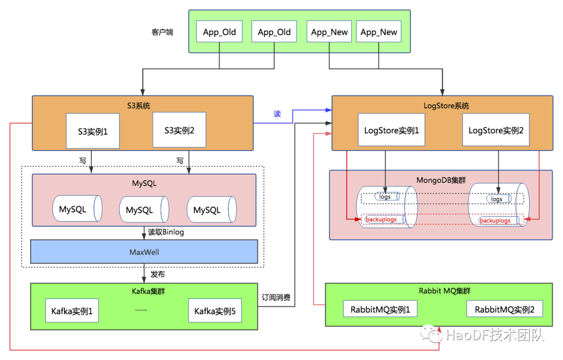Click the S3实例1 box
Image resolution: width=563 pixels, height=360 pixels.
coord(92,131)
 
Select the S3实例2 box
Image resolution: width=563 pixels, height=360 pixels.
coord(179,130)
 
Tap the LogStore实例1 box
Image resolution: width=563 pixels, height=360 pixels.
coord(391,130)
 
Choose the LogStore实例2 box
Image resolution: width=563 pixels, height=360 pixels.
coord(496,130)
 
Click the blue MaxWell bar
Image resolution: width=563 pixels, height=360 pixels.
coord(144,252)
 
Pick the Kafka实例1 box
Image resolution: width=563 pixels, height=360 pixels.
coord(72,312)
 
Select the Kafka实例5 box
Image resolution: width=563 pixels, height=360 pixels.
coord(215,312)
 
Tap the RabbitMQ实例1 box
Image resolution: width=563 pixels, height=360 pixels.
coord(380,310)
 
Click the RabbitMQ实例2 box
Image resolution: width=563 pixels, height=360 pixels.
coord(504,310)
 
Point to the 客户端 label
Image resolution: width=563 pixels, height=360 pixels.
coord(159,32)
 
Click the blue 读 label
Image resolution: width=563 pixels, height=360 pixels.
coord(277,113)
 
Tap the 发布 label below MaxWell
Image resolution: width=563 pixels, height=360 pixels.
coord(157,274)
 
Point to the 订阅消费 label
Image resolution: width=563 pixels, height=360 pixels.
coord(276,299)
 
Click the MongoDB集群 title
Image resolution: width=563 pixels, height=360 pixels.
coord(441,180)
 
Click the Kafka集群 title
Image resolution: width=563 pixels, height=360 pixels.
coord(144,291)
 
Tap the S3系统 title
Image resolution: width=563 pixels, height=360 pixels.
coord(143,106)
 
